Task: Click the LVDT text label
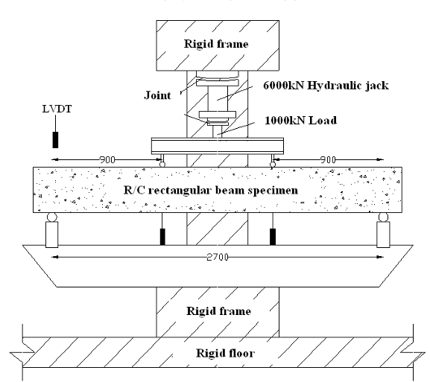(x=57, y=109)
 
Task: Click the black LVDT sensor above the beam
(x=55, y=140)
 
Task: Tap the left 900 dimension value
(x=107, y=159)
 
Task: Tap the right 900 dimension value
(x=328, y=159)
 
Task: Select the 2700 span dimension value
(x=217, y=257)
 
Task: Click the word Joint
(x=157, y=95)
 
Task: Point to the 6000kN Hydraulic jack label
(x=326, y=86)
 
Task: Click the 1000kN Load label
(x=301, y=121)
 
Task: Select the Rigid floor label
(x=225, y=353)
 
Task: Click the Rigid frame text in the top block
(x=216, y=44)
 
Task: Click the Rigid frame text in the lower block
(x=219, y=311)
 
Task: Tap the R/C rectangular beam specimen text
(x=211, y=190)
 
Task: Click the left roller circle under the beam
(x=52, y=217)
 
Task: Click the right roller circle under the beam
(x=383, y=217)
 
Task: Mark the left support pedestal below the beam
(x=52, y=235)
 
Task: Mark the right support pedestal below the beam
(x=383, y=235)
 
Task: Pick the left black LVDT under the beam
(x=162, y=237)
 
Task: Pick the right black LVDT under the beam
(x=273, y=237)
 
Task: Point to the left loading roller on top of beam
(x=162, y=165)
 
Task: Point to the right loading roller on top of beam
(x=273, y=165)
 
